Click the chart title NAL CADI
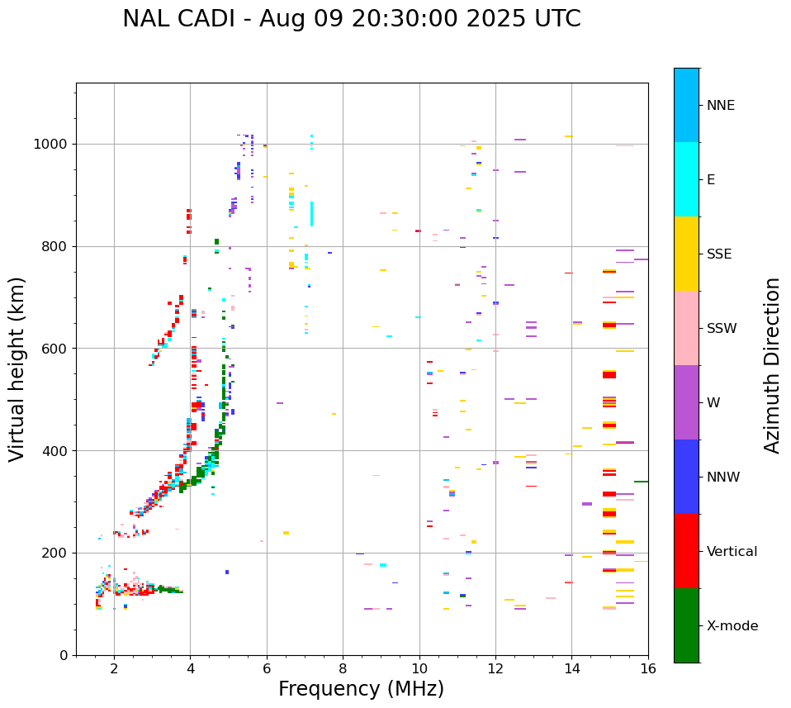351,20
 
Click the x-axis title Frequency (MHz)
361,689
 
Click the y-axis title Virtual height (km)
17,368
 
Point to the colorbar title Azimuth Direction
772,364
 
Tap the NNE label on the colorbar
720,106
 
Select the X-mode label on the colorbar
732,626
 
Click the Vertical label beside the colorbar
732,552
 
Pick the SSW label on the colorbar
721,329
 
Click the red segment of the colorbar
686,551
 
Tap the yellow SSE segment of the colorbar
686,254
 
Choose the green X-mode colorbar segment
686,625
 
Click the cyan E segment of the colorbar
686,179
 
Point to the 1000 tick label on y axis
51,144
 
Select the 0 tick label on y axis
63,655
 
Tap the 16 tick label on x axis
648,668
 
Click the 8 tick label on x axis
343,668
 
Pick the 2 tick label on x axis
114,668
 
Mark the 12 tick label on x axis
495,668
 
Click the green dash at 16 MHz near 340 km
641,482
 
